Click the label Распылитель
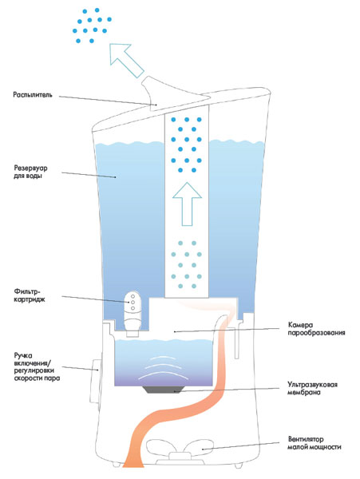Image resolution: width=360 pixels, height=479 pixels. click(33, 95)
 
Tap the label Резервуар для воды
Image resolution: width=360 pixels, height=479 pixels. click(30, 172)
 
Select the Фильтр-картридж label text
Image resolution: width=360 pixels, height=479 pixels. click(30, 295)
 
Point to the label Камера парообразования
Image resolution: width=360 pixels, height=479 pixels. click(316, 329)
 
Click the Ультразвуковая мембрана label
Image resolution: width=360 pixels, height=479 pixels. click(312, 388)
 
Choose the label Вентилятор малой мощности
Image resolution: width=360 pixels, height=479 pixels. click(315, 443)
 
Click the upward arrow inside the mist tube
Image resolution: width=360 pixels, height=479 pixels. click(187, 204)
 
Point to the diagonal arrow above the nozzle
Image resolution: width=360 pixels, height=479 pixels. click(126, 61)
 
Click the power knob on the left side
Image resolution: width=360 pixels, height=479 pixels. click(95, 381)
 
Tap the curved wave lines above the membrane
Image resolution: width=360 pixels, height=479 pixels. click(162, 367)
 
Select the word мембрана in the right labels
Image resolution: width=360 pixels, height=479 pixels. click(304, 392)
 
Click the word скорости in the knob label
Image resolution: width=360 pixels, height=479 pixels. click(28, 378)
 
